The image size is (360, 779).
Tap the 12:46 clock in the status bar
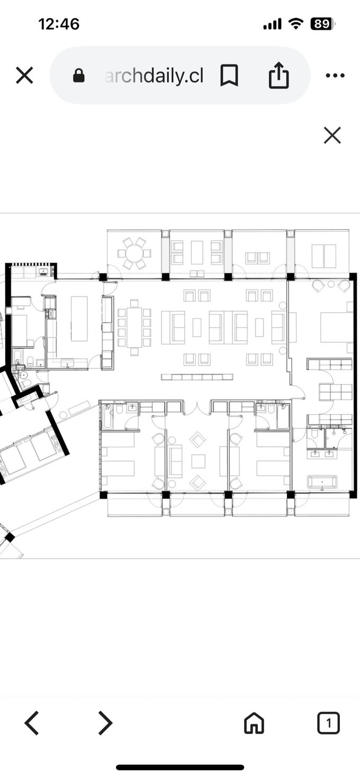(59, 24)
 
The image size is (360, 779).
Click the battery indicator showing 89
(323, 24)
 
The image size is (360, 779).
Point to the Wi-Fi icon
(295, 24)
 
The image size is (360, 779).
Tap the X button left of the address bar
(24, 76)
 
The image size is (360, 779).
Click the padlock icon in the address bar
(79, 76)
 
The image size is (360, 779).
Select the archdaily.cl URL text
(154, 76)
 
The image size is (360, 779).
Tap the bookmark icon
(229, 75)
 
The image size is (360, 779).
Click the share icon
(278, 75)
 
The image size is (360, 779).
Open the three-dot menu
(335, 76)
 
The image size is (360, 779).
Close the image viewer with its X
(332, 135)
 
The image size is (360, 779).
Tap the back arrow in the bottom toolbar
(31, 723)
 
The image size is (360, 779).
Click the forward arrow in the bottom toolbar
(106, 723)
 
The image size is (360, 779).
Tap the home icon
(254, 723)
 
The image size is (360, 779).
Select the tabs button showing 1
(328, 723)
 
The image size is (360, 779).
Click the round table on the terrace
(134, 253)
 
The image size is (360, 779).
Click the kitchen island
(79, 319)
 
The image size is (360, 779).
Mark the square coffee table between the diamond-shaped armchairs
(198, 461)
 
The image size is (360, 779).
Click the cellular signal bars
(272, 24)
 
